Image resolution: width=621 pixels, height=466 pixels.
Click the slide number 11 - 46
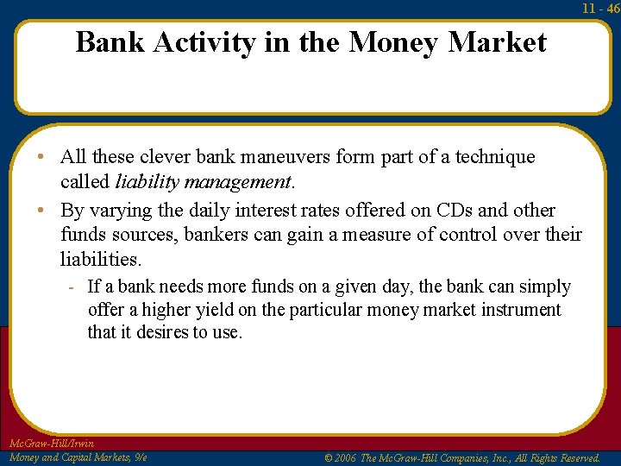click(601, 8)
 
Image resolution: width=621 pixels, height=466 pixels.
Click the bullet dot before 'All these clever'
click(42, 158)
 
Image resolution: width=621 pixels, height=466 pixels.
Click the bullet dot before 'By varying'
click(42, 211)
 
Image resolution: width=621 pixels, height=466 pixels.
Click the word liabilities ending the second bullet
click(98, 259)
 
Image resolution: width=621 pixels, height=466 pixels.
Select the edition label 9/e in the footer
click(139, 457)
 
